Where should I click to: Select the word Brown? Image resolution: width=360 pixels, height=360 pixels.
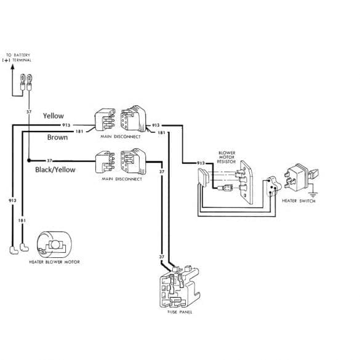(57, 137)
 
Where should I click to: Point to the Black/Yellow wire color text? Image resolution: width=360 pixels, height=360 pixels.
(55, 169)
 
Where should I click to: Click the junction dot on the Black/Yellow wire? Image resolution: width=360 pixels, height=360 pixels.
(29, 160)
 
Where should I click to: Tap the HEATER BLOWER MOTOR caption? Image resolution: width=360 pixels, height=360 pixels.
(54, 262)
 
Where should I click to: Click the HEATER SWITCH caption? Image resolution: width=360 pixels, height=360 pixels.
(298, 201)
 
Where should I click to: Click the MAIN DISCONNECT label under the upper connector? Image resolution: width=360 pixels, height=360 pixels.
(121, 137)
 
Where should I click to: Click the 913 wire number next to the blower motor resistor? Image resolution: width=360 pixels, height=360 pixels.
(201, 163)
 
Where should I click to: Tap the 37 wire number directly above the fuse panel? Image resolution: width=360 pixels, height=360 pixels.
(162, 257)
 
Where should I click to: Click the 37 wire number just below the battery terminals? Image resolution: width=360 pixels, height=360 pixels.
(28, 112)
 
